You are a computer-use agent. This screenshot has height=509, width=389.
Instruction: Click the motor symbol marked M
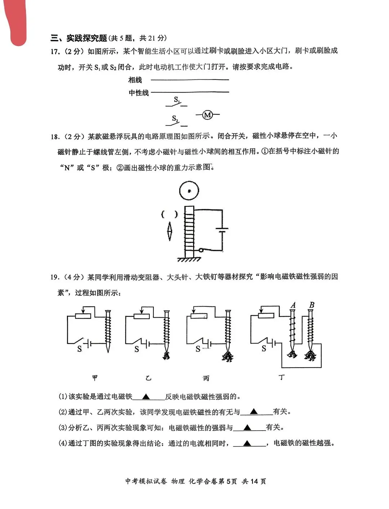pos(207,115)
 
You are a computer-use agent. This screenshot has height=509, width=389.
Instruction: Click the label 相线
pos(135,80)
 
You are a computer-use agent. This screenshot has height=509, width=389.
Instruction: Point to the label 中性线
pos(139,93)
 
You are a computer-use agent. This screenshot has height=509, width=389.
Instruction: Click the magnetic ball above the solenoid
pos(189,191)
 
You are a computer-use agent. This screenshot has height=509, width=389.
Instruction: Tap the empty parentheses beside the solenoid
pos(169,215)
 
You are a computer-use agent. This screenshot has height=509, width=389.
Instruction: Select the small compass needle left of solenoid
pos(170,231)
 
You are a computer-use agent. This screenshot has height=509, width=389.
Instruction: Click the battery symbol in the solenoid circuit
pos(222,230)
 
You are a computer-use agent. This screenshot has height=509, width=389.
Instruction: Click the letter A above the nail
pos(293,305)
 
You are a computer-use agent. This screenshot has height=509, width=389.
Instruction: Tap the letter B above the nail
pos(312,305)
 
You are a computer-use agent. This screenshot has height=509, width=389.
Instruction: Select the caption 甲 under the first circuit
pos(95,378)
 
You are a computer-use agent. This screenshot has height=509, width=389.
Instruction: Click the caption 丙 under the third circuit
pos(206,378)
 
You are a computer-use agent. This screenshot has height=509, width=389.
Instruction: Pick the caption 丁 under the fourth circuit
pos(282,377)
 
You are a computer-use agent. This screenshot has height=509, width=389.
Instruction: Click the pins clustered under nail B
pos(310,356)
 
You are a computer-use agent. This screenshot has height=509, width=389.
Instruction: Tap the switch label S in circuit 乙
pos(137,349)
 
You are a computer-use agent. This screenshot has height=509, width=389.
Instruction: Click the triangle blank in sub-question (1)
pos(146,397)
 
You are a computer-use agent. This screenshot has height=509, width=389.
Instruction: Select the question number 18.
pos(54,136)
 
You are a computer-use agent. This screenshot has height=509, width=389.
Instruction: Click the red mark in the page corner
pos(16,22)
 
